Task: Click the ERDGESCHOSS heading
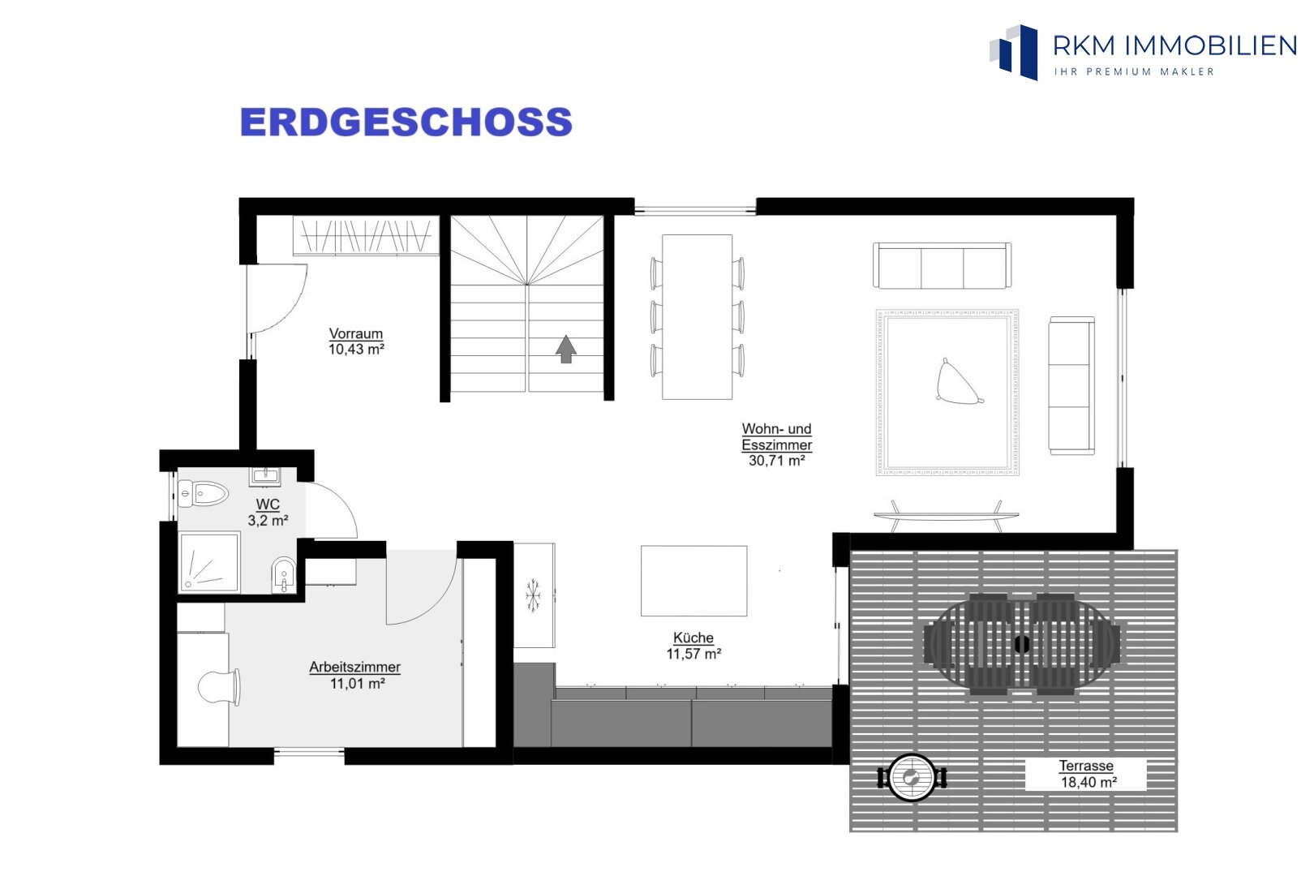coord(406,122)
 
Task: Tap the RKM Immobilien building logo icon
coord(1014,52)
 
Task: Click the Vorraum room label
coord(356,334)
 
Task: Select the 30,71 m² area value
coord(777,461)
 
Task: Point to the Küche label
coord(693,638)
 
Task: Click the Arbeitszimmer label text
coord(355,667)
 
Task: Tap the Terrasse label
coord(1086,766)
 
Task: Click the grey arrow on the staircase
coord(566,349)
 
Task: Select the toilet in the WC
coord(203,493)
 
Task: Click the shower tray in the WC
coord(209,562)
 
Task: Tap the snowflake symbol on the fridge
coord(533,595)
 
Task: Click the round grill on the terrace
coord(912,778)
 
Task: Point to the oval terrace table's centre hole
coord(1022,644)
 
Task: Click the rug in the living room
coord(947,393)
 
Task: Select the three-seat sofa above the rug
coord(942,265)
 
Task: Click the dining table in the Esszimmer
coord(697,317)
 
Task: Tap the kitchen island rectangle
coord(694,581)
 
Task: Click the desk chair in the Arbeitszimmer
coord(219,687)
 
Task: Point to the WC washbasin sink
coord(265,476)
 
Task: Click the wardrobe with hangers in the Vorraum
coord(366,236)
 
